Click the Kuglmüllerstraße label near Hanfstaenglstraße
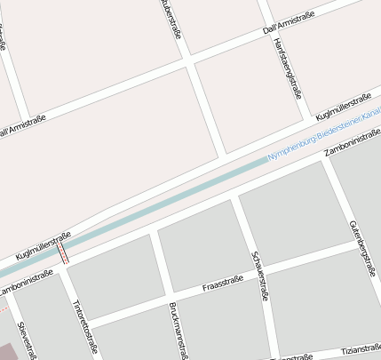343,107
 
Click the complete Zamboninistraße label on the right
353,144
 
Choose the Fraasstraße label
223,285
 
